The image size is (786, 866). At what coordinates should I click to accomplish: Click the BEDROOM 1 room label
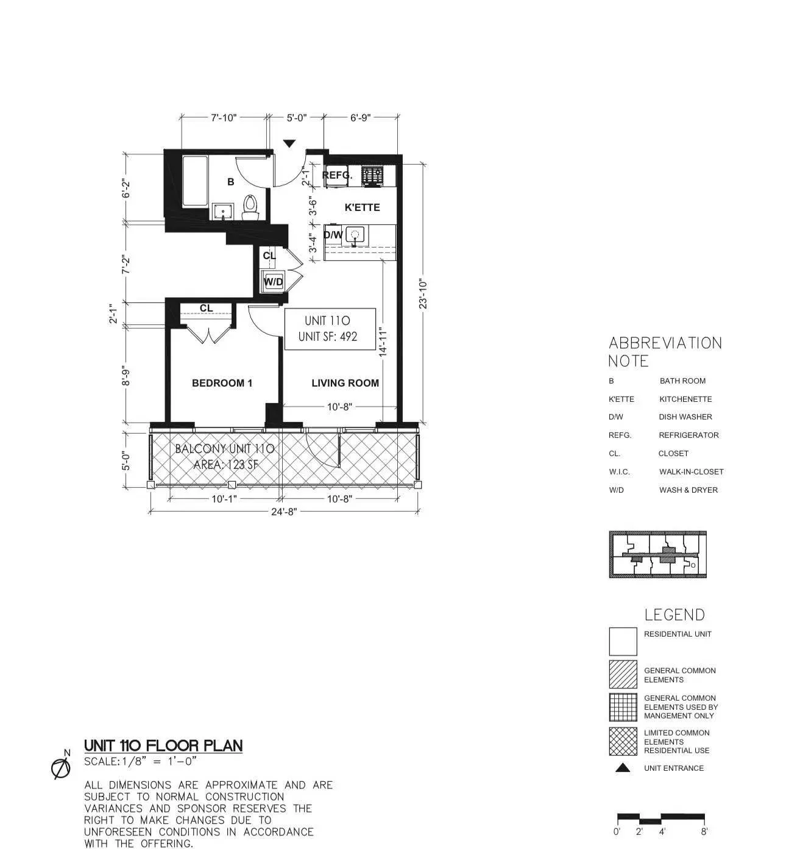[x=222, y=383]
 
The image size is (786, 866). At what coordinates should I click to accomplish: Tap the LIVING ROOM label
[x=345, y=383]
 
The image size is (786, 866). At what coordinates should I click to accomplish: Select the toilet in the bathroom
[x=250, y=207]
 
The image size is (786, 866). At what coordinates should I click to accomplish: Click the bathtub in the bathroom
[x=196, y=181]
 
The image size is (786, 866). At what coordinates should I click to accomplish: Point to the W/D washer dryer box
[x=274, y=282]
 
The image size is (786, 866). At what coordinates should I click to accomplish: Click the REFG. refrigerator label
[x=337, y=176]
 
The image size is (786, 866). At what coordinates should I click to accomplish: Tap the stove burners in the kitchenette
[x=372, y=176]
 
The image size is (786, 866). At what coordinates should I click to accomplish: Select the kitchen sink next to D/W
[x=355, y=235]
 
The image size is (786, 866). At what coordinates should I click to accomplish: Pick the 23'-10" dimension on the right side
[x=423, y=293]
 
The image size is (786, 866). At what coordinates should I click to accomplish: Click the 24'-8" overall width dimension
[x=283, y=512]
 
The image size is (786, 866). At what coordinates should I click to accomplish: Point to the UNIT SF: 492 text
[x=328, y=337]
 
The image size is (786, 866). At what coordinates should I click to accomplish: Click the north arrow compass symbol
[x=60, y=768]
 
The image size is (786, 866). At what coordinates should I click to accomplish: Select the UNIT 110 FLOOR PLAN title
[x=163, y=745]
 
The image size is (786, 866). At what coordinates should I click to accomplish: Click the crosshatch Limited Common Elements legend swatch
[x=623, y=742]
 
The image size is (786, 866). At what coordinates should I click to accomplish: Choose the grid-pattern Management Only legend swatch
[x=623, y=707]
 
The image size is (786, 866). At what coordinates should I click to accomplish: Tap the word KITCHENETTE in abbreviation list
[x=685, y=399]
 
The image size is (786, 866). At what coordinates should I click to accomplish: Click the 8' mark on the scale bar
[x=704, y=831]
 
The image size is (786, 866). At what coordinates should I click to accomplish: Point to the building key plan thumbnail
[x=657, y=554]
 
